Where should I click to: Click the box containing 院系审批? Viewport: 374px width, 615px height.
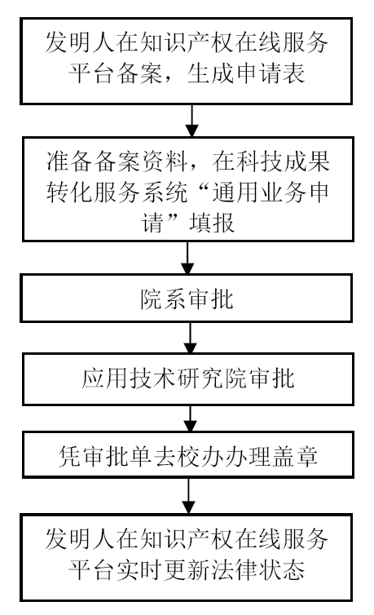(187, 299)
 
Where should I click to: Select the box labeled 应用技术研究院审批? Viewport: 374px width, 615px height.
(188, 379)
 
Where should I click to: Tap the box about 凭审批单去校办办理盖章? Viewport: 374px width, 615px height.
(188, 454)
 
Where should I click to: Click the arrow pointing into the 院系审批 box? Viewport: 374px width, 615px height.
(187, 258)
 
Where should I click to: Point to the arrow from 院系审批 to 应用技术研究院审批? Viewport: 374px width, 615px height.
(190, 338)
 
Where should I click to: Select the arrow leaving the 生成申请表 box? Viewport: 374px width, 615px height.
(191, 121)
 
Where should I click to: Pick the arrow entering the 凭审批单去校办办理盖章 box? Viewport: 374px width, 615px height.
(190, 418)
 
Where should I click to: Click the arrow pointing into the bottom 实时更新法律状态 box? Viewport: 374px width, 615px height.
(188, 496)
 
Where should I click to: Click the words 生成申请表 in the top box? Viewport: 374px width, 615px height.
(246, 73)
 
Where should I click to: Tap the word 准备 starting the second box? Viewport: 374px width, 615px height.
(70, 161)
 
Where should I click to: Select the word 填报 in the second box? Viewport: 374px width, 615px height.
(212, 223)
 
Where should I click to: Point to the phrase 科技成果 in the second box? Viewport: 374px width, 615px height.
(283, 161)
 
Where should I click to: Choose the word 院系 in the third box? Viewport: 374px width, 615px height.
(163, 299)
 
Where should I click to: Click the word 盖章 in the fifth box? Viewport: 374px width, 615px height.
(294, 456)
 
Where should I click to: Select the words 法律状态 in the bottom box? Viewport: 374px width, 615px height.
(258, 569)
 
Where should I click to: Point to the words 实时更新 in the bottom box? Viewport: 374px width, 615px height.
(164, 569)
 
